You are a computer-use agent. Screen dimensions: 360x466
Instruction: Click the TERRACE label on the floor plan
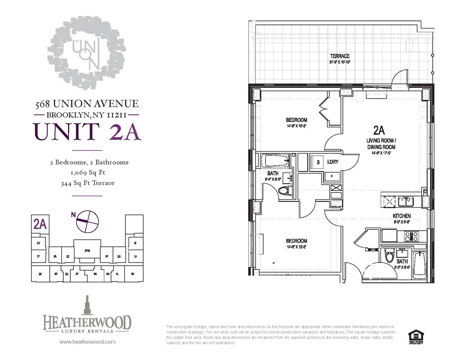(x=340, y=56)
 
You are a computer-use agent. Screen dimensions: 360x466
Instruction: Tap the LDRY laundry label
(x=333, y=162)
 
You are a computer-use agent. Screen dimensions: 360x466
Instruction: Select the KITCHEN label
(x=402, y=216)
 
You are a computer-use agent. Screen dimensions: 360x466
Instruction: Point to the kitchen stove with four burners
(x=411, y=235)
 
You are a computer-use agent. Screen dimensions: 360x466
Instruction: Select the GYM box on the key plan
(x=87, y=251)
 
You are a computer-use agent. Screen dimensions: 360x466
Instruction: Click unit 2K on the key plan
(x=132, y=274)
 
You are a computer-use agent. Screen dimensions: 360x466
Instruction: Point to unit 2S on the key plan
(x=40, y=274)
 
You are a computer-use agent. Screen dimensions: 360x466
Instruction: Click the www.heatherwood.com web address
(x=87, y=342)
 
